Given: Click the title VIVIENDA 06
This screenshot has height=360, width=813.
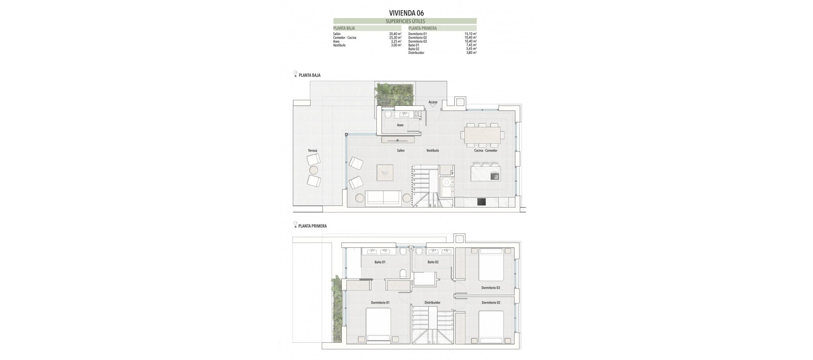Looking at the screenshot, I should tap(406, 13).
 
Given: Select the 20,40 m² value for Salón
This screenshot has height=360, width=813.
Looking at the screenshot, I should tap(395, 34).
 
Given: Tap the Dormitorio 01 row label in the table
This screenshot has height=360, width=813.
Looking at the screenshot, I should tap(418, 34).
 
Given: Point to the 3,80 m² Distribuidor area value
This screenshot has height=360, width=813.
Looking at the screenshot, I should tap(471, 53).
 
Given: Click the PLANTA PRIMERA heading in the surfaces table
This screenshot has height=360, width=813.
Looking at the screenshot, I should tap(423, 28).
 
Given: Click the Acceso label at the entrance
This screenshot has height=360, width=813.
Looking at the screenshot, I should tap(433, 102).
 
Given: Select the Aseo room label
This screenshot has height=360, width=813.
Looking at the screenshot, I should tap(400, 125).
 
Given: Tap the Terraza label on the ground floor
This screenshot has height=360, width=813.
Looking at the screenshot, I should tap(312, 150).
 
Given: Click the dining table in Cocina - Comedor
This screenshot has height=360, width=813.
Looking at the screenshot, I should tap(483, 135).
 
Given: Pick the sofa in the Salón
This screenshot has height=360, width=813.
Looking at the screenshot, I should tap(383, 197).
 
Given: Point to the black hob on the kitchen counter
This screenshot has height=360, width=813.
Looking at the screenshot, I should tap(481, 202).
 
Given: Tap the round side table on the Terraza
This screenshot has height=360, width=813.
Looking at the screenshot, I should tap(313, 170).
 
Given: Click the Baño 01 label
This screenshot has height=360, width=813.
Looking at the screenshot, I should tap(380, 262).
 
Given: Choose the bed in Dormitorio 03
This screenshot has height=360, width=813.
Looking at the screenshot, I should tap(491, 265).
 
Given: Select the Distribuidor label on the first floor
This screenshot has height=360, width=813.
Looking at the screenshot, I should tap(432, 302).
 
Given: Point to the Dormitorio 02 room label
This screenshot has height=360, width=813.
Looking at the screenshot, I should tap(491, 302).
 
